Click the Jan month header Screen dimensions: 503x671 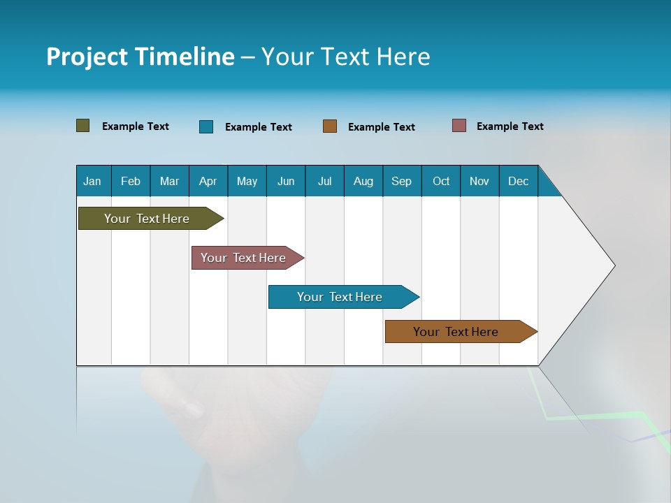pos(92,181)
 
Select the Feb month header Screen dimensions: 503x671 pos(131,181)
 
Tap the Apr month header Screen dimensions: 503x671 pos(208,181)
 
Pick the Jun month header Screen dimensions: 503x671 pos(286,181)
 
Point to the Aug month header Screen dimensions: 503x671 pos(363,181)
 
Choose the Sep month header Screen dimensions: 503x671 pos(401,181)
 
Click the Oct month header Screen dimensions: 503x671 pos(441,181)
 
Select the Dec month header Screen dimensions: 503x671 pos(518,181)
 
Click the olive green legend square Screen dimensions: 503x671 pos(83,126)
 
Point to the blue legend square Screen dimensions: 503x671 pos(206,126)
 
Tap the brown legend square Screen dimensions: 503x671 pos(330,126)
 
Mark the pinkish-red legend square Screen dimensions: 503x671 pos(459,126)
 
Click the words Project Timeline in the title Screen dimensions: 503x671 pos(140,57)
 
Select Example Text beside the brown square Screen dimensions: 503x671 pos(381,127)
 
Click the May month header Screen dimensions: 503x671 pos(247,181)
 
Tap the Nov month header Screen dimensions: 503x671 pos(479,181)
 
